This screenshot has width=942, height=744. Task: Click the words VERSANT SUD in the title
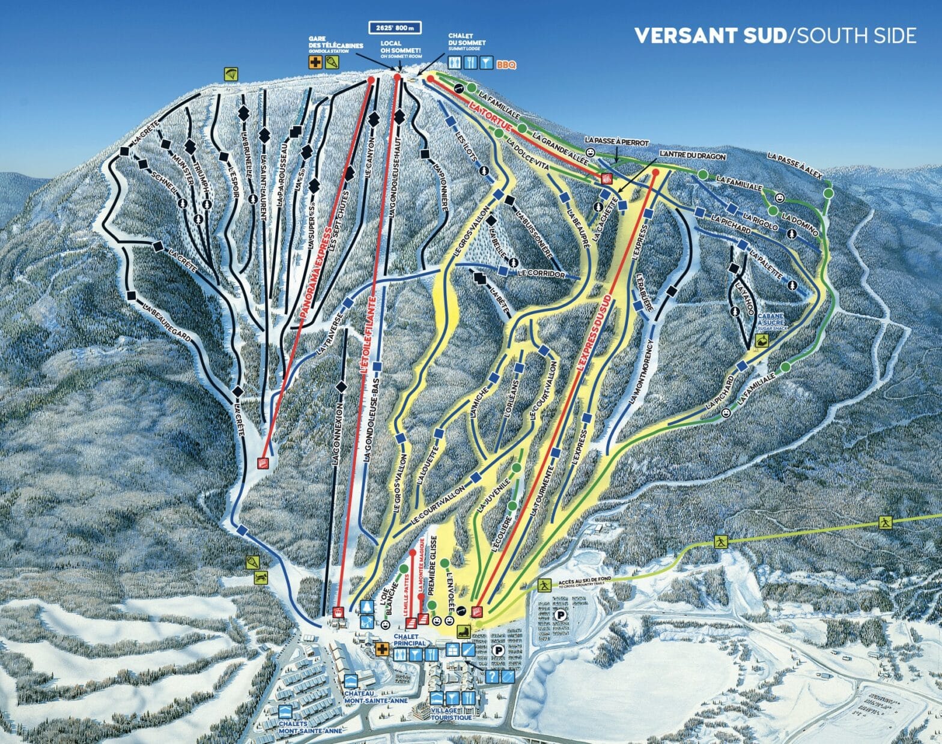tap(710, 35)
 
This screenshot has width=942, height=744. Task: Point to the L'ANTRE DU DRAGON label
tap(693, 156)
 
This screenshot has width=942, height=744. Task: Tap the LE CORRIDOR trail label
tap(541, 273)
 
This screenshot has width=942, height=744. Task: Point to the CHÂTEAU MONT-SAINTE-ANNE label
tap(368, 697)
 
